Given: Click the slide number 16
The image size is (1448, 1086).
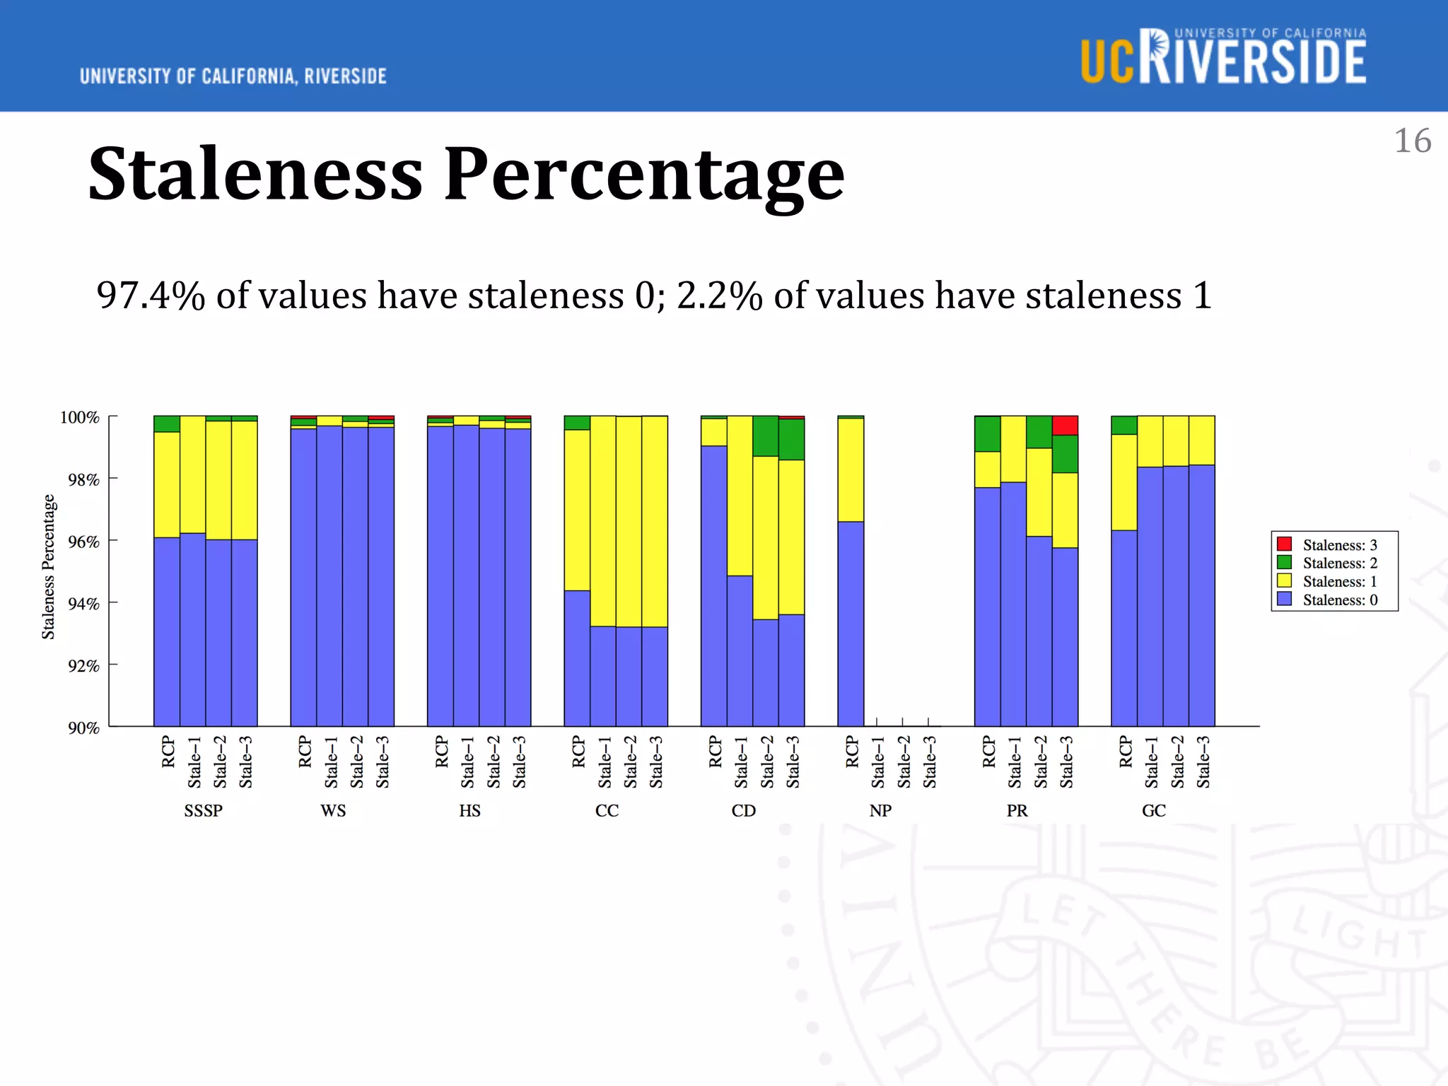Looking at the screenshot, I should click(1412, 141).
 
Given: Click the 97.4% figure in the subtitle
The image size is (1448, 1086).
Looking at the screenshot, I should click(150, 296).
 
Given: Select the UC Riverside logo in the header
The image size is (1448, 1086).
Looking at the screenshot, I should click(1223, 57).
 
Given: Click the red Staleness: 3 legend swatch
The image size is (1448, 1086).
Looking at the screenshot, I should click(1284, 544).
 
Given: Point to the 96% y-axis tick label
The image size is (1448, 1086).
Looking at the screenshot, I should click(83, 542).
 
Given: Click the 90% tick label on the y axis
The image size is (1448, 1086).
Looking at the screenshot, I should click(83, 728).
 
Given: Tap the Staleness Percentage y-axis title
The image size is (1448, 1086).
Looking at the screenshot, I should click(48, 567).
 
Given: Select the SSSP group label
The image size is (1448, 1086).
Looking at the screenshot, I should click(204, 811).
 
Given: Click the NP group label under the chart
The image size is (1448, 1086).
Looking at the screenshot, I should click(880, 811).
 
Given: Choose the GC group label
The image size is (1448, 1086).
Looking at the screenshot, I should click(1154, 811).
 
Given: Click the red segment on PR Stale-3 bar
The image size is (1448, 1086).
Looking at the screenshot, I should click(1065, 426).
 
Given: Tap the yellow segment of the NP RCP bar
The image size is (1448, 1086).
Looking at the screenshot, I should click(851, 469).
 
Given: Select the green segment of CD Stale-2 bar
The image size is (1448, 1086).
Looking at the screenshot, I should click(766, 436).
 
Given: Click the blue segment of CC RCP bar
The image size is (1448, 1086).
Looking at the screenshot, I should click(577, 658).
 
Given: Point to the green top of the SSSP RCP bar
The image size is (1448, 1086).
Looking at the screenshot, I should click(167, 424).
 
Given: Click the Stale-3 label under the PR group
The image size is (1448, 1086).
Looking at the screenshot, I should click(1066, 762).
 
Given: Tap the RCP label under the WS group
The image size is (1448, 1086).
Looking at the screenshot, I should click(305, 752).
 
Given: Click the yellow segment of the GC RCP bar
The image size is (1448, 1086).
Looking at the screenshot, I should click(1124, 481).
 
